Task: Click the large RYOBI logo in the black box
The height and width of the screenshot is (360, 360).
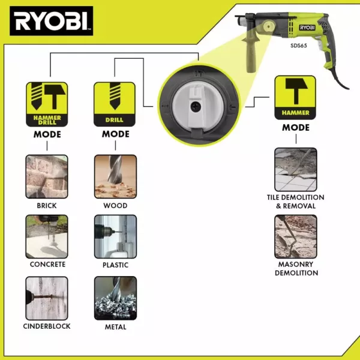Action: (x=52, y=21)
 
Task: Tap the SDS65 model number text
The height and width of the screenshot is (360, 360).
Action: (x=299, y=46)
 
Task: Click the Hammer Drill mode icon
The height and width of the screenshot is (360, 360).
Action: (x=47, y=104)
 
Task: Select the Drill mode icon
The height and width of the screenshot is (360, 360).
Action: (x=115, y=104)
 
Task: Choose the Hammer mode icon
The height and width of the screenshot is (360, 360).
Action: (x=295, y=98)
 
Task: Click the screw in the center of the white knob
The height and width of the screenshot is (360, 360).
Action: (x=196, y=107)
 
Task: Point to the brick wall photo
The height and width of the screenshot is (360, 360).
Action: (x=47, y=176)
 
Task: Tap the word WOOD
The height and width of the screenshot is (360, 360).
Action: (x=115, y=205)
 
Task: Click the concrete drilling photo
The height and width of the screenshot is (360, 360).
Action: (x=47, y=236)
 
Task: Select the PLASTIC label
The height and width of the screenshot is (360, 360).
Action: (x=115, y=265)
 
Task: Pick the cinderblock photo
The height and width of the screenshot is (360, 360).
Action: (x=47, y=298)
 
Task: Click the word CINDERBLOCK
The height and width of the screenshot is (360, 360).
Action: (x=47, y=326)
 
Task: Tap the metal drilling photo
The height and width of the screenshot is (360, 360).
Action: (x=115, y=298)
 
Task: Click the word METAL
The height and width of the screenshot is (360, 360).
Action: (x=115, y=327)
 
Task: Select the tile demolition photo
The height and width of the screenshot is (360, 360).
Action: (x=296, y=170)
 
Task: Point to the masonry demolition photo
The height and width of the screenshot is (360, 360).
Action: (x=296, y=236)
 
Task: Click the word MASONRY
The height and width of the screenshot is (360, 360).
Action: (x=296, y=264)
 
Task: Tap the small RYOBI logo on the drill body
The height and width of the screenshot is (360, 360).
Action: (x=307, y=28)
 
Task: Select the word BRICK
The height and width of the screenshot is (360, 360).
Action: (x=47, y=205)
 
